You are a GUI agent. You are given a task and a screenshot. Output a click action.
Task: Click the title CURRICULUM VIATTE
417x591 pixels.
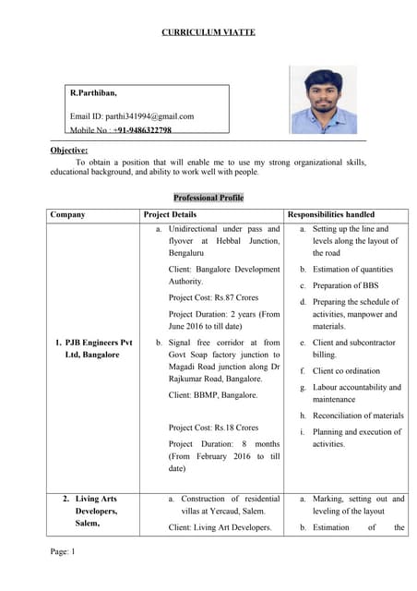coord(208,32)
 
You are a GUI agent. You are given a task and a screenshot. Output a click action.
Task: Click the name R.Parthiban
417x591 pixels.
coord(93,93)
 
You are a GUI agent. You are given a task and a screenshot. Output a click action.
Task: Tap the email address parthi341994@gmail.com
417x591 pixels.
coord(132,116)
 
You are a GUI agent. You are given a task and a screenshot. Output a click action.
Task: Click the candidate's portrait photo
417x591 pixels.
coord(323,100)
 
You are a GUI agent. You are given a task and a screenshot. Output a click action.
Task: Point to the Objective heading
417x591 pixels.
coord(68,150)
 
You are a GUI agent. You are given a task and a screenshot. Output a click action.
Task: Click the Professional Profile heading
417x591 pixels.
coord(208,198)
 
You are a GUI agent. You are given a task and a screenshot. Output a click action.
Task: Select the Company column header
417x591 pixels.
coord(67,214)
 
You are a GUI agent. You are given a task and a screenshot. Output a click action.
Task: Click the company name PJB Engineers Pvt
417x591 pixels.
coord(91,343)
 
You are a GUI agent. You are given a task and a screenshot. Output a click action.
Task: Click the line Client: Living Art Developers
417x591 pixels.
coord(220,527)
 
